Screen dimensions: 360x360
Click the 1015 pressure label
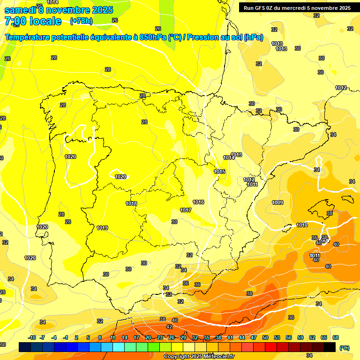pos(220,172)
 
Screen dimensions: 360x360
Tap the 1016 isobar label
pos(198,202)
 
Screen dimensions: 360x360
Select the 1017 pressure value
pos(186,210)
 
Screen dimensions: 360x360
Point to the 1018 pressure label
pos(131,203)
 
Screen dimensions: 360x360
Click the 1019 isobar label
pos(103,228)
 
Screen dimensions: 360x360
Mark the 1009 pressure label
pos(277,202)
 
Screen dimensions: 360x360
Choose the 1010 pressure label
pos(302,225)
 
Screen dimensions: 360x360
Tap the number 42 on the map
pos(169,327)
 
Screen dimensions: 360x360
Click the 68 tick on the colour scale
pos(336,337)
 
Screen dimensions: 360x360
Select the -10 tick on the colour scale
pos(32,337)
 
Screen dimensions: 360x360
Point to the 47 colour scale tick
pos(254,337)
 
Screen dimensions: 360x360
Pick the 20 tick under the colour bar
pos(148,337)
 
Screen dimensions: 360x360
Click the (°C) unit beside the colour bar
pos(345,348)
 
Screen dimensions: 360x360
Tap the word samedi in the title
pos(21,10)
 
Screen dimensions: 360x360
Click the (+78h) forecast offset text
pos(81,21)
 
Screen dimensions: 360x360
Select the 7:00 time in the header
pos(17,21)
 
